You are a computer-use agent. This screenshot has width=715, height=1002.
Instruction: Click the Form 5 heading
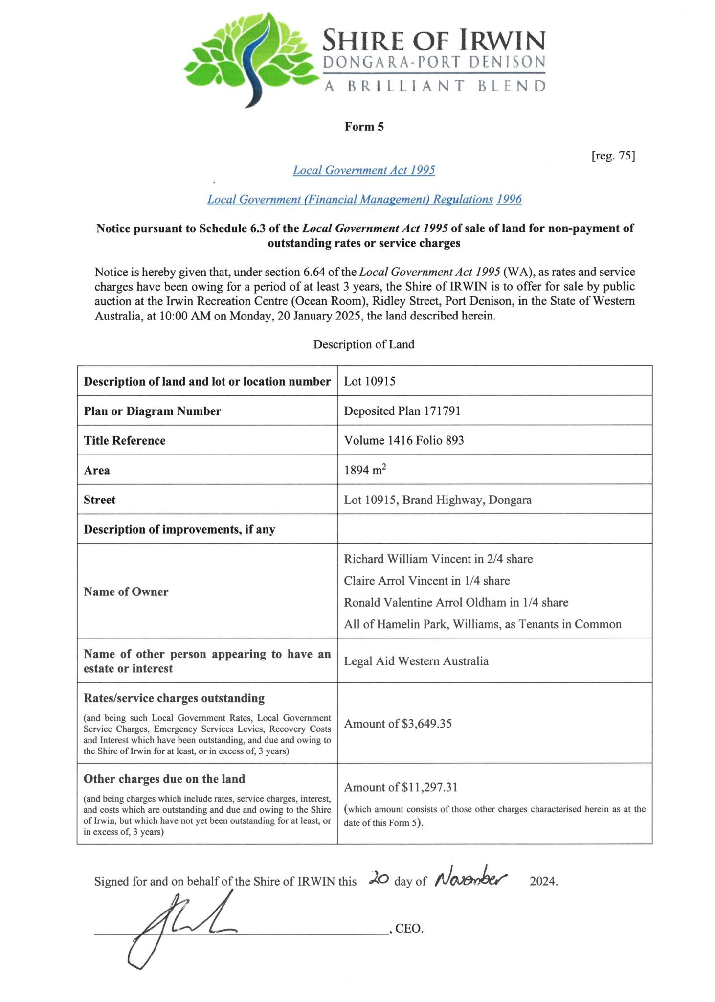364,127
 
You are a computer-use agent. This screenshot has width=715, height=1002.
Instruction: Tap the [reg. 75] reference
613,156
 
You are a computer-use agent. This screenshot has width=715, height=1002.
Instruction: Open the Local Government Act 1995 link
364,170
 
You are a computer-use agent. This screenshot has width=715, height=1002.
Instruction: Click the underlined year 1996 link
509,199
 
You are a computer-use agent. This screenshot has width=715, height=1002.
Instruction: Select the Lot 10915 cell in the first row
370,381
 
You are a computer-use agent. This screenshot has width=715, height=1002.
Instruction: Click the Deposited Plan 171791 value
402,411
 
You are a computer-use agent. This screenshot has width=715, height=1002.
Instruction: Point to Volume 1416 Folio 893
403,440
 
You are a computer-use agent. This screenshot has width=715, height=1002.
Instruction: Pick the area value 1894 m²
365,470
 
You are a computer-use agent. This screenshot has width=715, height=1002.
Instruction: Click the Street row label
100,500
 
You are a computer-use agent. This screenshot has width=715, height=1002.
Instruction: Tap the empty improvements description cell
494,529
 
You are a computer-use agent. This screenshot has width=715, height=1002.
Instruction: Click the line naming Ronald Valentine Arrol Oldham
456,602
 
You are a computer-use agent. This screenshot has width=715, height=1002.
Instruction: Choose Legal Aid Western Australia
416,661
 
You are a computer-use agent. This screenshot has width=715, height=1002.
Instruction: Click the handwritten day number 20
379,878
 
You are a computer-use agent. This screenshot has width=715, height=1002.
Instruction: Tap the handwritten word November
471,878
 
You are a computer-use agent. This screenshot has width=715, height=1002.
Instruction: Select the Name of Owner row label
126,592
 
